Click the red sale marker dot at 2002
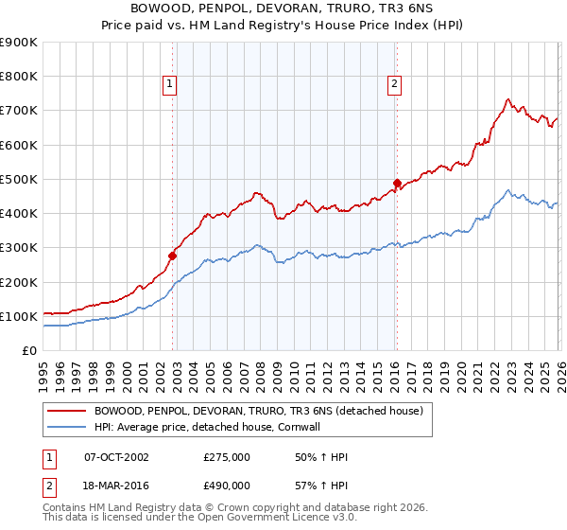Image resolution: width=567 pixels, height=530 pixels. point(173,256)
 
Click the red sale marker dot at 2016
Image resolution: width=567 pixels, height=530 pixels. point(397,182)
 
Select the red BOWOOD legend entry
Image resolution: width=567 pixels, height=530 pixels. point(263,411)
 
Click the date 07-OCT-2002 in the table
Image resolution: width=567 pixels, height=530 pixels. point(116,457)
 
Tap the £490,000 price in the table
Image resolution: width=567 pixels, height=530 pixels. point(227,485)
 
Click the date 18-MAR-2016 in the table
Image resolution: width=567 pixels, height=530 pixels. point(116,485)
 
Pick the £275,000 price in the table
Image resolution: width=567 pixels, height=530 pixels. point(227,457)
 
